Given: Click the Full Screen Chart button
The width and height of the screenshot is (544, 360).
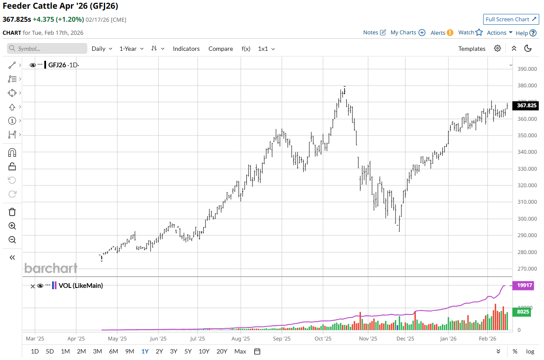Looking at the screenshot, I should click(511, 20).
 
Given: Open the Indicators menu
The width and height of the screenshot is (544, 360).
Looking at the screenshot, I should click(186, 49).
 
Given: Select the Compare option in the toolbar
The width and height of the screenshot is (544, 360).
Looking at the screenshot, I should click(221, 49).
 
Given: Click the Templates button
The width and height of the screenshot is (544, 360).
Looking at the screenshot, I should click(471, 49).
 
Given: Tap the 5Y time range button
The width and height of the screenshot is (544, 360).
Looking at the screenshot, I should click(188, 351).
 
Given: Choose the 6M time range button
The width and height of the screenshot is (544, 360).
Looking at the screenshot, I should click(113, 351).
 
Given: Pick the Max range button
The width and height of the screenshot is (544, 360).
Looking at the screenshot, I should click(240, 351).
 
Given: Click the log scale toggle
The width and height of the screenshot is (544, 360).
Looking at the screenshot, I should click(530, 351).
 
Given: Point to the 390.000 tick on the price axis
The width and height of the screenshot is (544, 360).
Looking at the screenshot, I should click(527, 69).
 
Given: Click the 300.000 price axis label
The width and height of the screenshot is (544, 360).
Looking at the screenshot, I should click(527, 219).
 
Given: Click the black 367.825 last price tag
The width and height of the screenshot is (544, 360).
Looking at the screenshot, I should click(525, 106).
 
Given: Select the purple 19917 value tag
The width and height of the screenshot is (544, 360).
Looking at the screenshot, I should click(525, 285).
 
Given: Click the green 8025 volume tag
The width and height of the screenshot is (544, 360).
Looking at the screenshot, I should click(523, 311).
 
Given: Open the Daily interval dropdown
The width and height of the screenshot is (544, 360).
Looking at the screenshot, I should click(102, 49).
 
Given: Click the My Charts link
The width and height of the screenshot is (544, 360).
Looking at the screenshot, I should click(408, 33).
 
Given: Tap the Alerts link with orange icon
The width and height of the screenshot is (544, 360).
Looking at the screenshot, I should click(441, 33).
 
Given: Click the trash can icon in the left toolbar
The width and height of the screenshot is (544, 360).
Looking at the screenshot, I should click(12, 212).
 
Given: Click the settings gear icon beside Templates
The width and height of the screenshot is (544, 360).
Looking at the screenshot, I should click(498, 48).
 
